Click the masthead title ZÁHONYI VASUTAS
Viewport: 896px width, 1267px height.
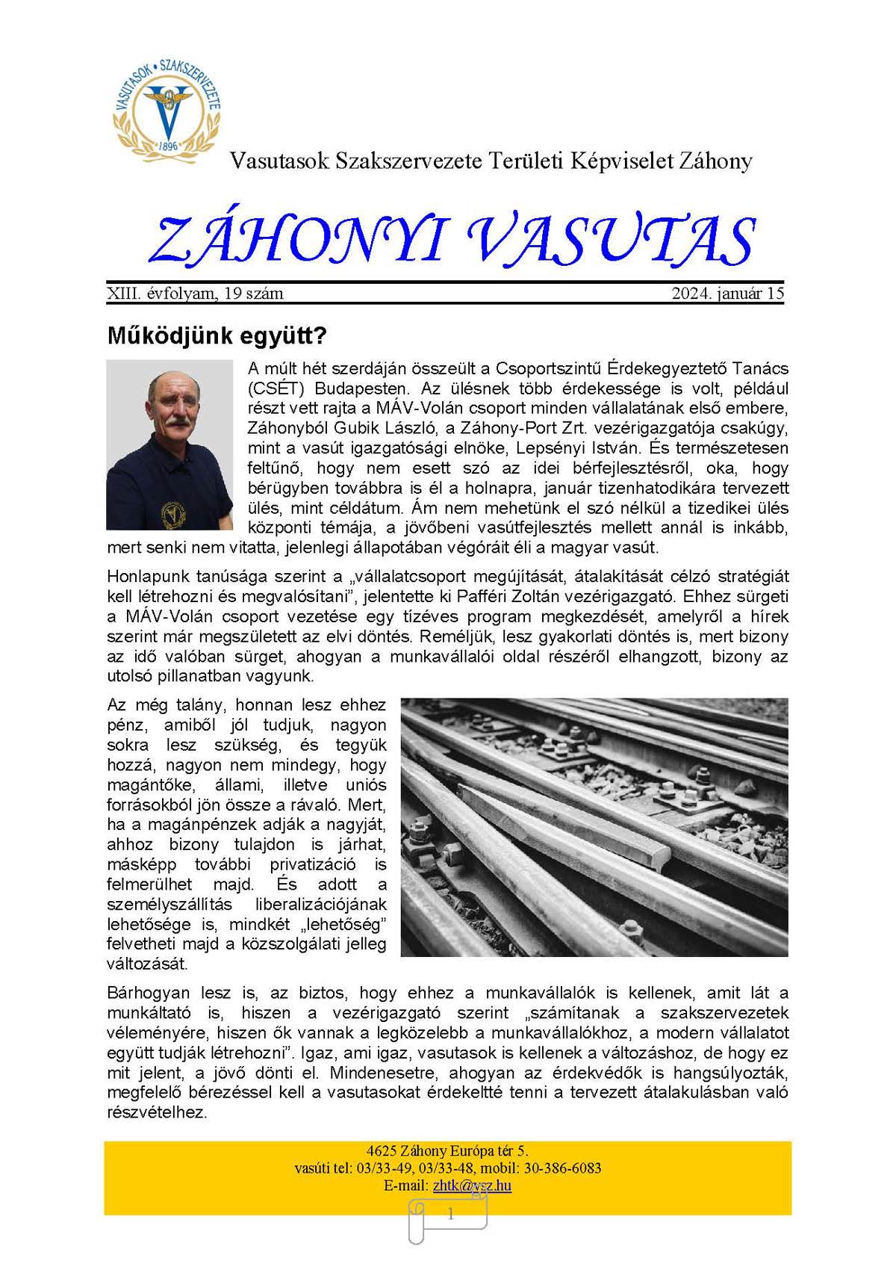tap(451, 241)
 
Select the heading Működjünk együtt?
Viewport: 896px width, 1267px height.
tap(217, 335)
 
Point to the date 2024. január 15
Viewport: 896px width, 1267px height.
tap(727, 294)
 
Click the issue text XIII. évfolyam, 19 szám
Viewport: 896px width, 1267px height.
tap(196, 294)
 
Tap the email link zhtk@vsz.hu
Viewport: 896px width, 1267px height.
tap(472, 1186)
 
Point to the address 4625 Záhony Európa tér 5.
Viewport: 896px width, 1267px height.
tap(447, 1151)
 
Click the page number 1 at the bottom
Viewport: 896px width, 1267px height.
tap(450, 1215)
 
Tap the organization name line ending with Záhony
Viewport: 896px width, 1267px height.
tap(491, 161)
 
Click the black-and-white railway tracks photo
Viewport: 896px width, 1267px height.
tap(594, 827)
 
